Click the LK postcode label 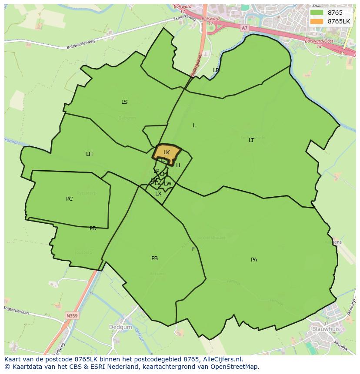167,152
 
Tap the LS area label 124,102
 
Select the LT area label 251,140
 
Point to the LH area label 89,154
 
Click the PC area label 69,199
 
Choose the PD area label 93,228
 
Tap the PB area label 154,258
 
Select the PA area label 254,260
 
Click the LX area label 158,194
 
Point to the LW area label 168,184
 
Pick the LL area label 179,165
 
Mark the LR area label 216,70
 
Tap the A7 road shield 244,28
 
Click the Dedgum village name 118,326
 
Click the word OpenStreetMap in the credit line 235,367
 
